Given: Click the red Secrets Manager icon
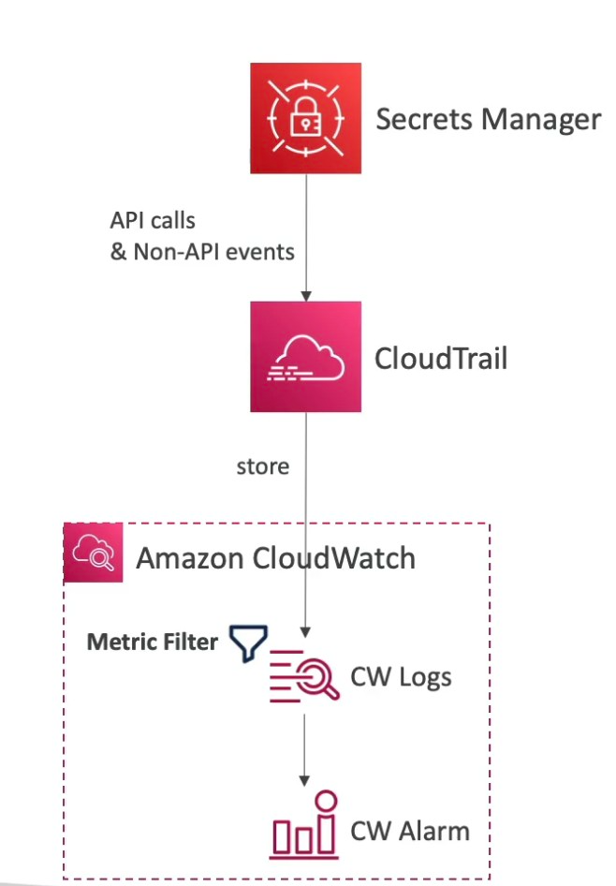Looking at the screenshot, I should (306, 119).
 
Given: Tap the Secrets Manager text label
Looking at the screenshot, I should (487, 119).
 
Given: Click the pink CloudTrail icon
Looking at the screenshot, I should (305, 357).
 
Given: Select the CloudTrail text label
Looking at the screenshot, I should (440, 358).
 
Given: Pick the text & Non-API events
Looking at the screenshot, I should (202, 252).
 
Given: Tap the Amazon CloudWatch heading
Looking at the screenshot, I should (275, 558).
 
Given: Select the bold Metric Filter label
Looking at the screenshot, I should (152, 642).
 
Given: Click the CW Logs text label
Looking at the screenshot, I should (401, 676).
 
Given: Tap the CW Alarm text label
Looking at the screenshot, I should (409, 830).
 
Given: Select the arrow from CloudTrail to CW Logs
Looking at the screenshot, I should (305, 524).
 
